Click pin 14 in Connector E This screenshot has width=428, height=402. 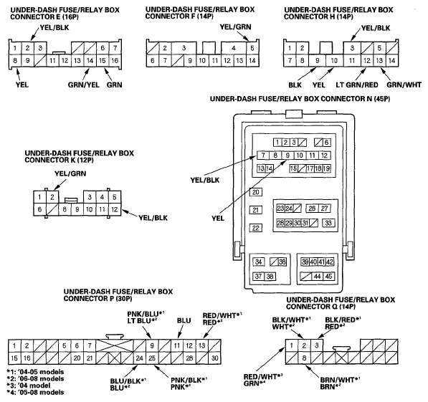click(x=90, y=60)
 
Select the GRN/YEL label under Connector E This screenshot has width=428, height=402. click(x=84, y=85)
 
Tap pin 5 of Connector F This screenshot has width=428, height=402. click(x=252, y=48)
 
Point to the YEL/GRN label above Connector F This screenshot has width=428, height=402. click(x=236, y=27)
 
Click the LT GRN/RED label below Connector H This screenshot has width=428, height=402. click(x=357, y=85)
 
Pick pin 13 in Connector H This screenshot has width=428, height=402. click(x=379, y=60)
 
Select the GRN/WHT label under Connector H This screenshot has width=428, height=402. click(x=404, y=85)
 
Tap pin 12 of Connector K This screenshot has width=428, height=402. click(x=115, y=209)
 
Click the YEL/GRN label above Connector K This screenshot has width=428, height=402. click(x=70, y=173)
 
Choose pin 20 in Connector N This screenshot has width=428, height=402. click(x=256, y=192)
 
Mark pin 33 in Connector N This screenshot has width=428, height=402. click(x=328, y=223)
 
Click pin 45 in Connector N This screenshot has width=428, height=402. click(x=329, y=277)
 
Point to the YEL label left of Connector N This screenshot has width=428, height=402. click(x=218, y=218)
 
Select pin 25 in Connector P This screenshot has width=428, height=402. click(x=152, y=358)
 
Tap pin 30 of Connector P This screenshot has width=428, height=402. click(x=215, y=358)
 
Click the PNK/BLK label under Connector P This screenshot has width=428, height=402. click(x=189, y=380)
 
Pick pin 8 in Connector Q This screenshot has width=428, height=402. click(x=304, y=358)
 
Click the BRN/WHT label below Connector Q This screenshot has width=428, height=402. click(x=340, y=380)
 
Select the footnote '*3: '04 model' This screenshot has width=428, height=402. click(x=29, y=386)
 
